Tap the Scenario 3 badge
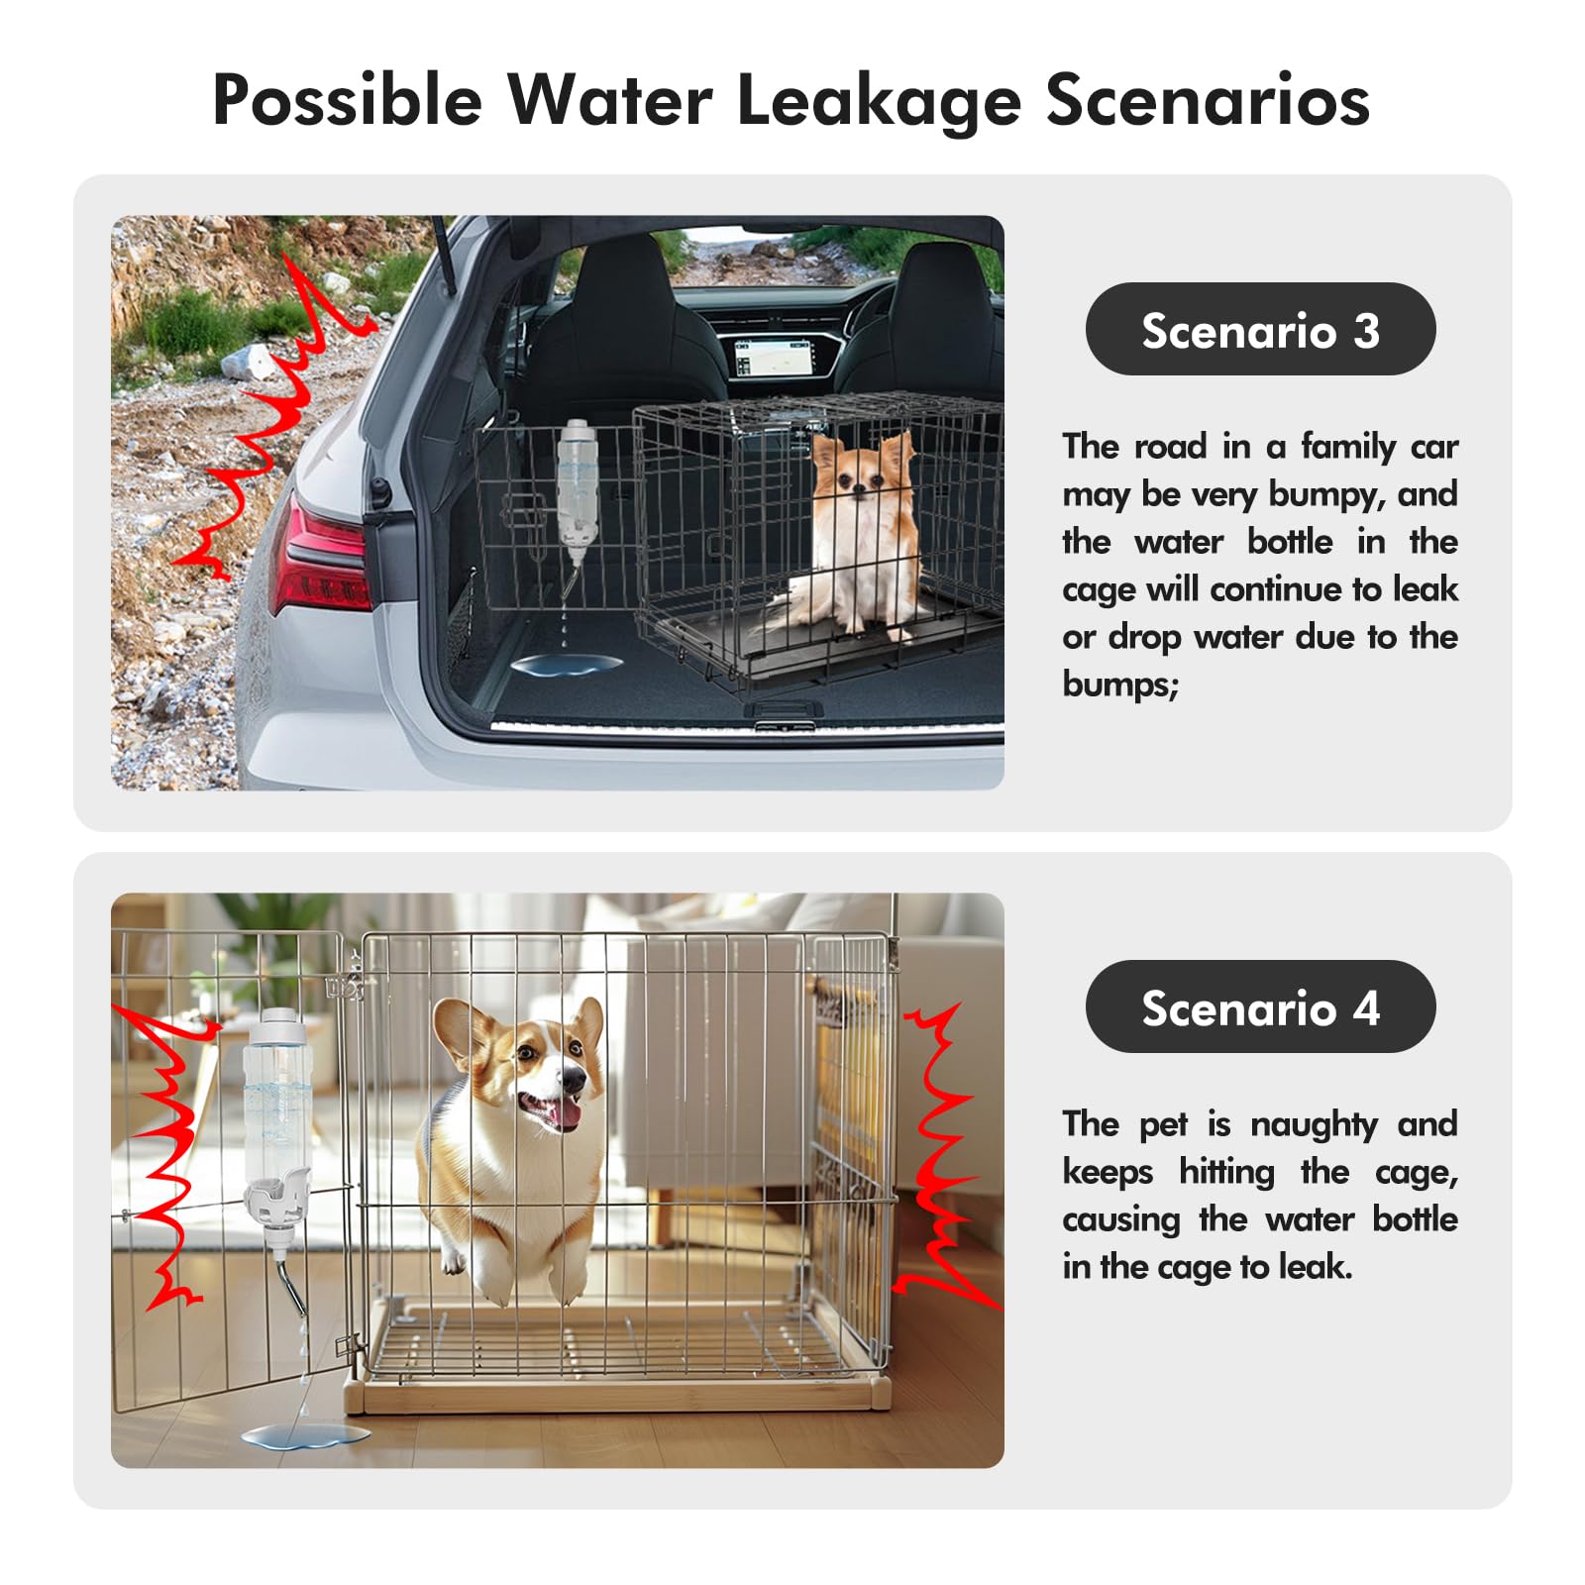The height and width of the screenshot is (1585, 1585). click(x=1260, y=330)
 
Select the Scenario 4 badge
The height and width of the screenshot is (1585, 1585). click(x=1260, y=1007)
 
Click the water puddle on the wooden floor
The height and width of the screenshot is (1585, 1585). click(x=305, y=1433)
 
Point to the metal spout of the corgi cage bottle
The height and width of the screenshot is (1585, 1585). click(x=292, y=1287)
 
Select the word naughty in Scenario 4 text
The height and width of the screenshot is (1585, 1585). click(x=1314, y=1124)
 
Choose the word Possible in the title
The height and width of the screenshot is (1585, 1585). click(x=347, y=100)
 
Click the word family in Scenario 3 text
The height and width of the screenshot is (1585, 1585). click(x=1348, y=447)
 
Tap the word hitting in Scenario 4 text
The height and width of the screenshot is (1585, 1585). click(x=1226, y=1172)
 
